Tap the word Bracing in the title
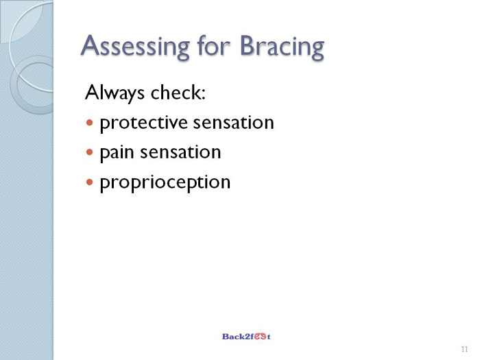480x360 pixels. (x=282, y=47)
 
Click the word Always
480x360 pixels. (x=115, y=93)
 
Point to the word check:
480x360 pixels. (x=178, y=92)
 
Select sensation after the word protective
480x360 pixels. (x=234, y=123)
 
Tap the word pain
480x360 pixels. (x=117, y=153)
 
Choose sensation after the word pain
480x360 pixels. (x=180, y=152)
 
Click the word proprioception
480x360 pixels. (x=165, y=183)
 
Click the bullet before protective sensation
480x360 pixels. (x=89, y=123)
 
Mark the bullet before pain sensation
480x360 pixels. (x=89, y=152)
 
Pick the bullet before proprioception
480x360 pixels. (x=89, y=182)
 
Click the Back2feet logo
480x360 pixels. (x=246, y=337)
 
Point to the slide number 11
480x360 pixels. (x=464, y=349)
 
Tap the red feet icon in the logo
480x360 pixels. (x=260, y=337)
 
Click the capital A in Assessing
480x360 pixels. (x=91, y=45)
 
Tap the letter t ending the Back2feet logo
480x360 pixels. (x=269, y=337)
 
